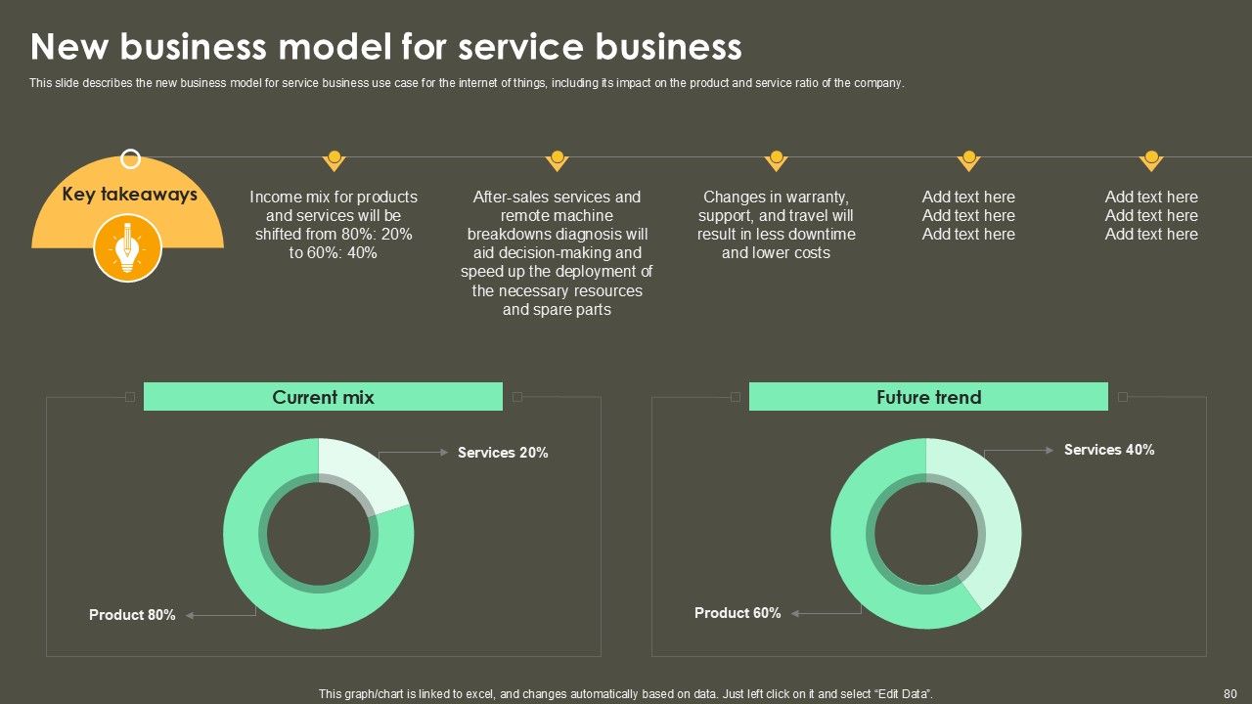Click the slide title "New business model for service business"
(385, 47)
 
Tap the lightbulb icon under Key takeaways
(127, 248)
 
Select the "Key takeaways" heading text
(129, 194)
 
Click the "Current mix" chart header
(323, 397)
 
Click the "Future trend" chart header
(928, 397)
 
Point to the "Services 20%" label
(503, 453)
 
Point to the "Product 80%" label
(132, 615)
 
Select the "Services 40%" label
(1109, 450)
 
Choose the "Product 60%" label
(738, 613)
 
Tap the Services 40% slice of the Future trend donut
(988, 518)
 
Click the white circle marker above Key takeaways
(130, 158)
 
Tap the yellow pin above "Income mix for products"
(335, 159)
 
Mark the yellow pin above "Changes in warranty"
(777, 159)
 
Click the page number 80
(1230, 693)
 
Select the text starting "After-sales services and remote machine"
(557, 253)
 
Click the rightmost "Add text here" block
(1151, 215)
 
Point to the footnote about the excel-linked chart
(626, 693)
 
